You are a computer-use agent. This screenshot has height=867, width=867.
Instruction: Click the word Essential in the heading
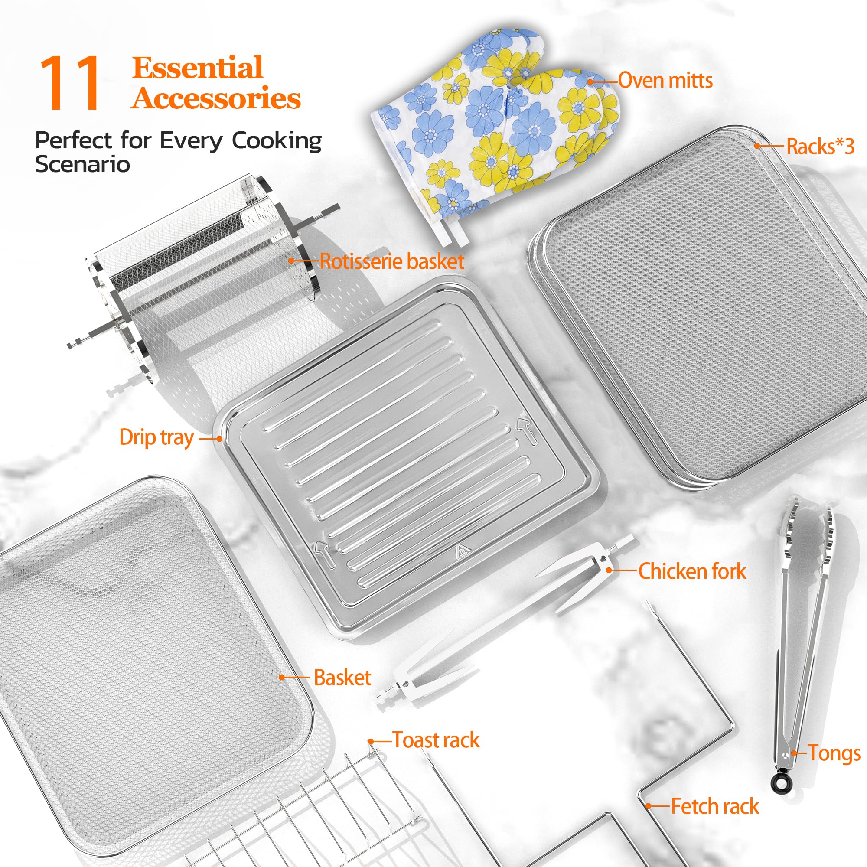[197, 68]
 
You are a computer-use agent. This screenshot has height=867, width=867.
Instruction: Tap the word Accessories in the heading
[216, 98]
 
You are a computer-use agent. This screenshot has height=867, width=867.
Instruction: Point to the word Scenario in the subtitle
[82, 164]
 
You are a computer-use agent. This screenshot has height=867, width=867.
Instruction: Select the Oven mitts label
[665, 81]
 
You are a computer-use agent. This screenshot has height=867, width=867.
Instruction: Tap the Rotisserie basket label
[391, 262]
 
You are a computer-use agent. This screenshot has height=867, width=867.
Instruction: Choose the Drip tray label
[156, 437]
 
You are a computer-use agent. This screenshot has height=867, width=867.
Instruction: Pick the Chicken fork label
[691, 572]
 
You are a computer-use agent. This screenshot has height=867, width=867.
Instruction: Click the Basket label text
[342, 678]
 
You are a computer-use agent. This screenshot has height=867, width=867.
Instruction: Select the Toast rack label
[436, 740]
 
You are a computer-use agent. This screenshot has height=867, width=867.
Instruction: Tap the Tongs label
[834, 753]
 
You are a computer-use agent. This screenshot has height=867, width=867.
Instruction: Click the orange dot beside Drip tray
[219, 438]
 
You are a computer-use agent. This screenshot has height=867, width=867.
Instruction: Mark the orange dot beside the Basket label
[281, 677]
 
